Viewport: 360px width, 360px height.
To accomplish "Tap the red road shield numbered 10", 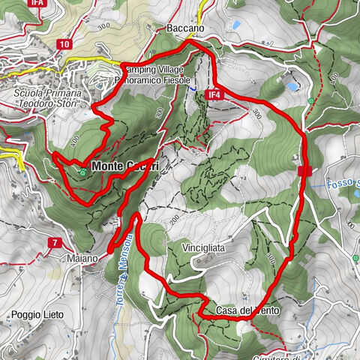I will click(x=65, y=45).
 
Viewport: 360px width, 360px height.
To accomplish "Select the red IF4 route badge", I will click(x=214, y=95).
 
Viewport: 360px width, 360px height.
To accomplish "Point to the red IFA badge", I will click(x=37, y=4).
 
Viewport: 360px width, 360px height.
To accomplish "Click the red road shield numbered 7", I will click(x=55, y=242).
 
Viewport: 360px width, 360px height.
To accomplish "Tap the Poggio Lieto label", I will click(x=37, y=314).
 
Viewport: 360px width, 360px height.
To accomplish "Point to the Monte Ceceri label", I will click(x=124, y=166).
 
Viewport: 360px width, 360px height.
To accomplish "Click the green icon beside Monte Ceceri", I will click(x=81, y=172).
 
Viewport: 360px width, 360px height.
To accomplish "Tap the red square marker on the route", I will click(x=304, y=172).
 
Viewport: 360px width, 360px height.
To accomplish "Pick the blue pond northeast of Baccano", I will click(x=236, y=25).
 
